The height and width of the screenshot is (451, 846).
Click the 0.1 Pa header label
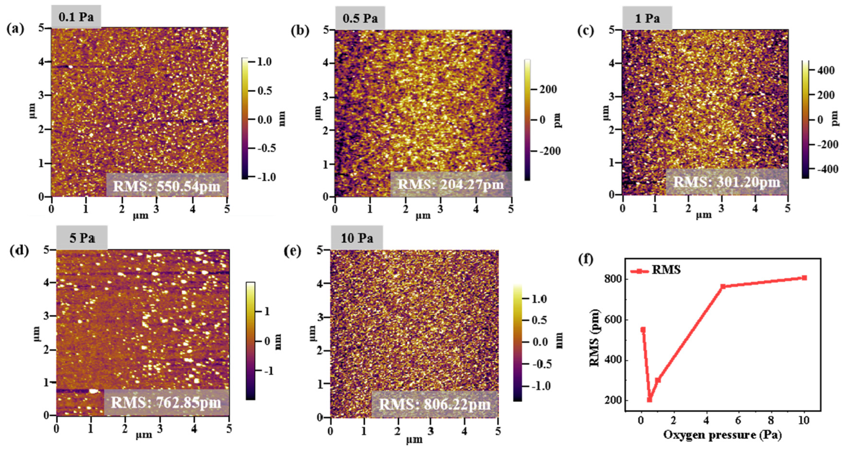[76, 17]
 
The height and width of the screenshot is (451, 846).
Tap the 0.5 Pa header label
[360, 18]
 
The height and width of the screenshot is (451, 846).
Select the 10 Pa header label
[357, 238]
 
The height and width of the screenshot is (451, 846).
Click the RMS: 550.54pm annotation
[167, 186]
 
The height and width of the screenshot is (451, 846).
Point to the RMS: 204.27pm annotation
[450, 184]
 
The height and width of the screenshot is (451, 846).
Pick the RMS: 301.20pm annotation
[726, 182]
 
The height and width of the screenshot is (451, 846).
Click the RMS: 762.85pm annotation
[166, 402]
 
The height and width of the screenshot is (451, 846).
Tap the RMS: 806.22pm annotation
[434, 404]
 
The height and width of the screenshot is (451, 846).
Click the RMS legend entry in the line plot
[655, 270]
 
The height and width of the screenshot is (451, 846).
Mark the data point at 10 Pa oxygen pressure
[804, 278]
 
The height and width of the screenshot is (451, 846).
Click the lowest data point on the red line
[649, 399]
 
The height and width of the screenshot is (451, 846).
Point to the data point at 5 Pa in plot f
[723, 286]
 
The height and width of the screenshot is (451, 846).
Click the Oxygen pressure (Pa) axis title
[722, 435]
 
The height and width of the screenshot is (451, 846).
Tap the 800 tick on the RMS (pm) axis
[613, 279]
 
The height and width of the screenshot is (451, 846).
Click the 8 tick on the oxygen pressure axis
[771, 420]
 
